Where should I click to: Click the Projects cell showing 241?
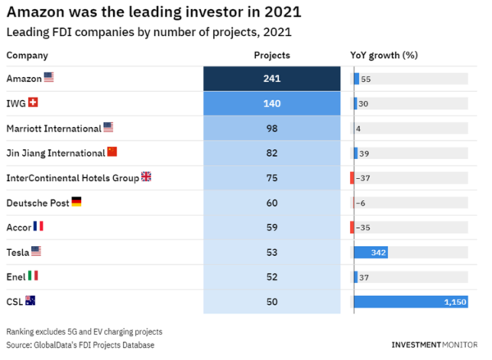coord(271,79)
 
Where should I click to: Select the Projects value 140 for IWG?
coord(271,103)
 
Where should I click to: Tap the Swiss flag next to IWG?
coord(33,103)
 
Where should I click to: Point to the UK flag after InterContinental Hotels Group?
coord(146,177)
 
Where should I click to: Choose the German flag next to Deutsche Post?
coord(76,202)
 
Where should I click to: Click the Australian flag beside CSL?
coord(30,301)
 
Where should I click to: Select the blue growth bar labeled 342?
coord(371,253)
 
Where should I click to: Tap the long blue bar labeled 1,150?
coord(410,302)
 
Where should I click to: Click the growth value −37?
coord(365,178)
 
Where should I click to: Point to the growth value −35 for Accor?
coord(365,227)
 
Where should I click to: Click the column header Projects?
coord(271,56)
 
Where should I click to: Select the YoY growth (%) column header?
coord(385,56)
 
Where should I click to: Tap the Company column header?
coord(27,56)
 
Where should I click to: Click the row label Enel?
coord(16,276)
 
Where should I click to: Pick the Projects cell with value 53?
coord(271,252)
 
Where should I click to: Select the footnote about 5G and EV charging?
coord(84,331)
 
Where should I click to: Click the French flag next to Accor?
coord(38,226)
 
